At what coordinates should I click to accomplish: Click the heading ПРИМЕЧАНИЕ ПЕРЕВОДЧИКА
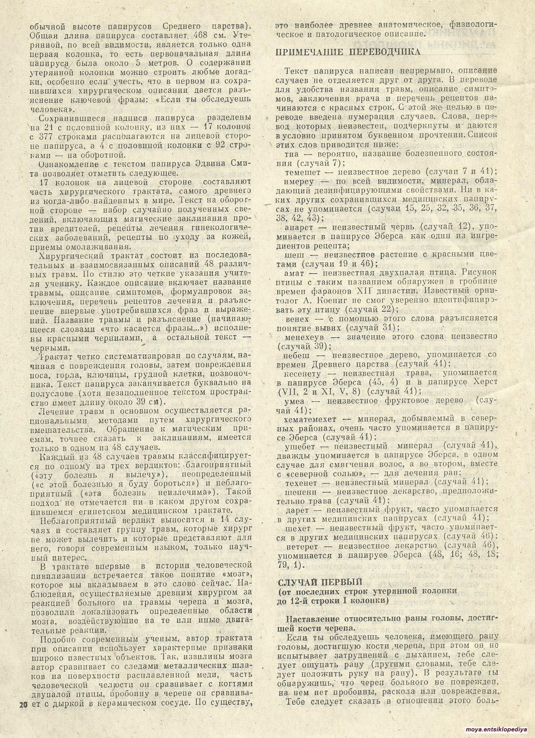click(x=348, y=52)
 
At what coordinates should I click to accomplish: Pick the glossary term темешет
click(x=304, y=171)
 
